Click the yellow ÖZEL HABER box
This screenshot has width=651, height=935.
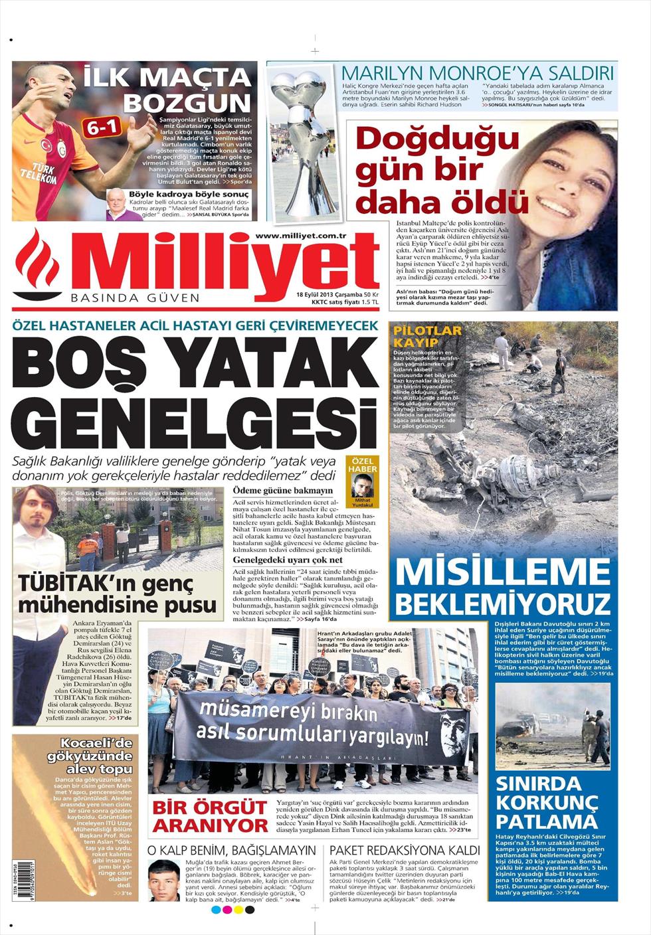point(363,464)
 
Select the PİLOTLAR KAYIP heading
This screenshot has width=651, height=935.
point(427,336)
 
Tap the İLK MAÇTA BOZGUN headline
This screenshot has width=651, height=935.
point(169,89)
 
